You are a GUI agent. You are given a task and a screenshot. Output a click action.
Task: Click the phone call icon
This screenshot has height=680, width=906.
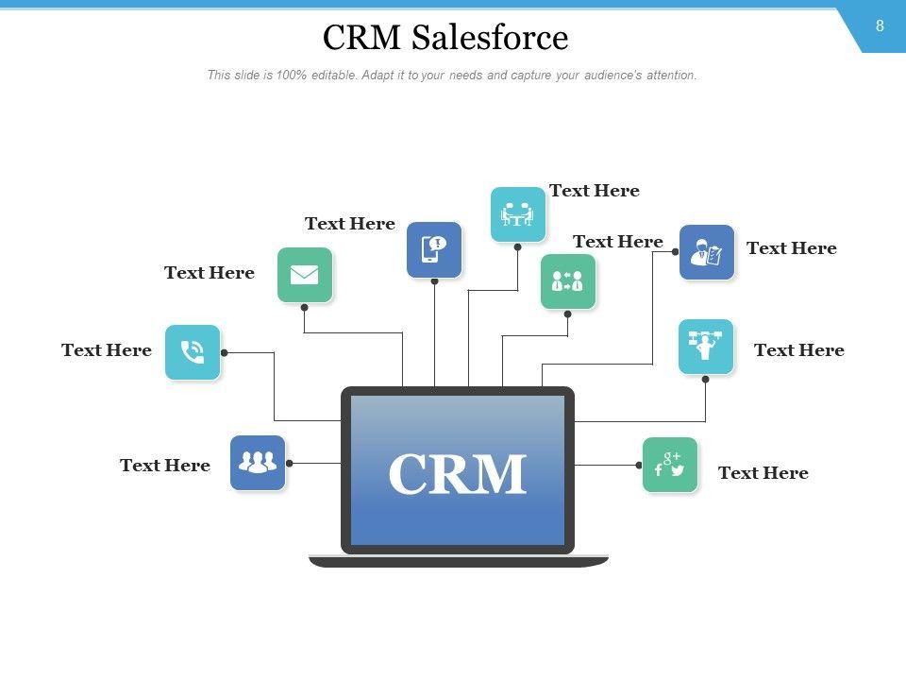193,352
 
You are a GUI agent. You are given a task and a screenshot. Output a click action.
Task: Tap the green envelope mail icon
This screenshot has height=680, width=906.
305,275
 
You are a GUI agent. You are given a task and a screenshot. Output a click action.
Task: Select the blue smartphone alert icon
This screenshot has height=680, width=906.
434,249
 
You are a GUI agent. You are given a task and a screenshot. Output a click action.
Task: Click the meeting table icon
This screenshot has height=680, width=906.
518,214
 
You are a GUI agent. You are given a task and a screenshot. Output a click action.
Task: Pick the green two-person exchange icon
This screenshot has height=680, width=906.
568,280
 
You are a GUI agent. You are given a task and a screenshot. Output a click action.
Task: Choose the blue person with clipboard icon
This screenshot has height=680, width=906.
707,252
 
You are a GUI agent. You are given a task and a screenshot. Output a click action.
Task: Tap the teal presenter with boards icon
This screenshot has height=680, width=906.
706,347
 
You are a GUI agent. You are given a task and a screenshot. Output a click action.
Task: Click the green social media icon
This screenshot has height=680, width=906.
670,465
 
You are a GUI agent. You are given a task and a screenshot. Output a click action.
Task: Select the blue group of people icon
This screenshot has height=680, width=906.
258,463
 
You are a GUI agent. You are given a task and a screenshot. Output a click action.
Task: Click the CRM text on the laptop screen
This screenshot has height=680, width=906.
457,474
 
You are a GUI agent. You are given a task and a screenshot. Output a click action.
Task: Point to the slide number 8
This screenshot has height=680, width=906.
880,26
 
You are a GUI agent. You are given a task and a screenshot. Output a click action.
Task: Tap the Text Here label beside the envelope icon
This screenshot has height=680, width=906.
210,273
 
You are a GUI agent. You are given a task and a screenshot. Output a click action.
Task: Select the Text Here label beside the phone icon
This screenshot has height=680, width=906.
107,350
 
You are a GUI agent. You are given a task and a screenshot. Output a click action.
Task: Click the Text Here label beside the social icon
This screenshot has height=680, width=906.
763,473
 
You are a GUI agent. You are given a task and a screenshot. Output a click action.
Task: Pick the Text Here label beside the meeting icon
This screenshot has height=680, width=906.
595,191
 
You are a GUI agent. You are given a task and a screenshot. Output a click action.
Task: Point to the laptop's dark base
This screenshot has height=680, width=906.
459,561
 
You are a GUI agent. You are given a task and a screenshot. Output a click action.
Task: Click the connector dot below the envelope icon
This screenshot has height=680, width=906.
304,307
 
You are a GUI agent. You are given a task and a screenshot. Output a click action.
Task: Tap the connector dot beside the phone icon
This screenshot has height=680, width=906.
225,352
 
